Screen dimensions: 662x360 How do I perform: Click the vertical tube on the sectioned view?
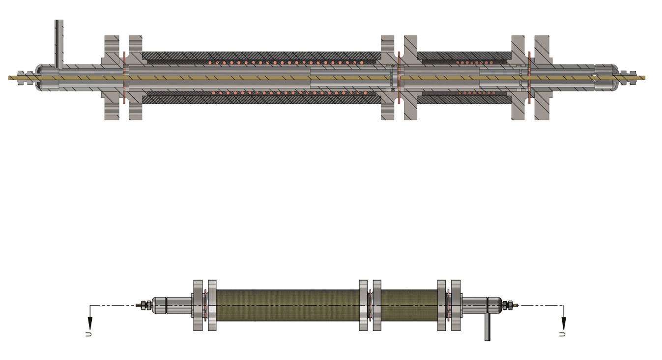click(x=59, y=44)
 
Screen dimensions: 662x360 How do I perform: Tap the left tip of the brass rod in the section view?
click(x=8, y=78)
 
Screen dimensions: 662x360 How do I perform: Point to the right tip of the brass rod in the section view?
click(x=645, y=78)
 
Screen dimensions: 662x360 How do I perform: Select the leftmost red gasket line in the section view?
click(x=124, y=78)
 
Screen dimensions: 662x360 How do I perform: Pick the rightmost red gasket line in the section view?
click(x=529, y=78)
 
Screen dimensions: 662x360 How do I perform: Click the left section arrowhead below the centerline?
click(x=90, y=323)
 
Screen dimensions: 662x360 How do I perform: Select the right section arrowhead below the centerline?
click(x=564, y=323)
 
